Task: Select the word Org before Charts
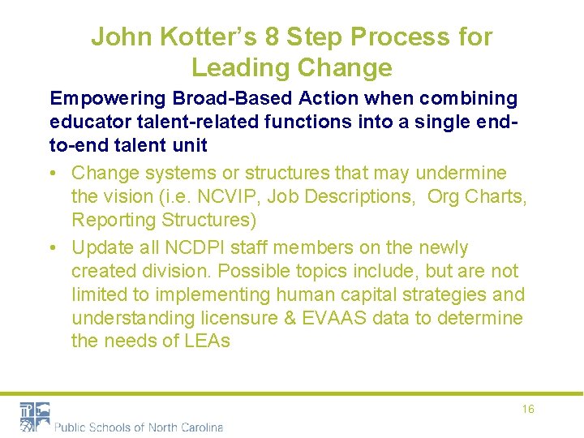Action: [x=445, y=196]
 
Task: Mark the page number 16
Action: [x=528, y=410]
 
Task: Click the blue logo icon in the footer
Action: [x=35, y=416]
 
